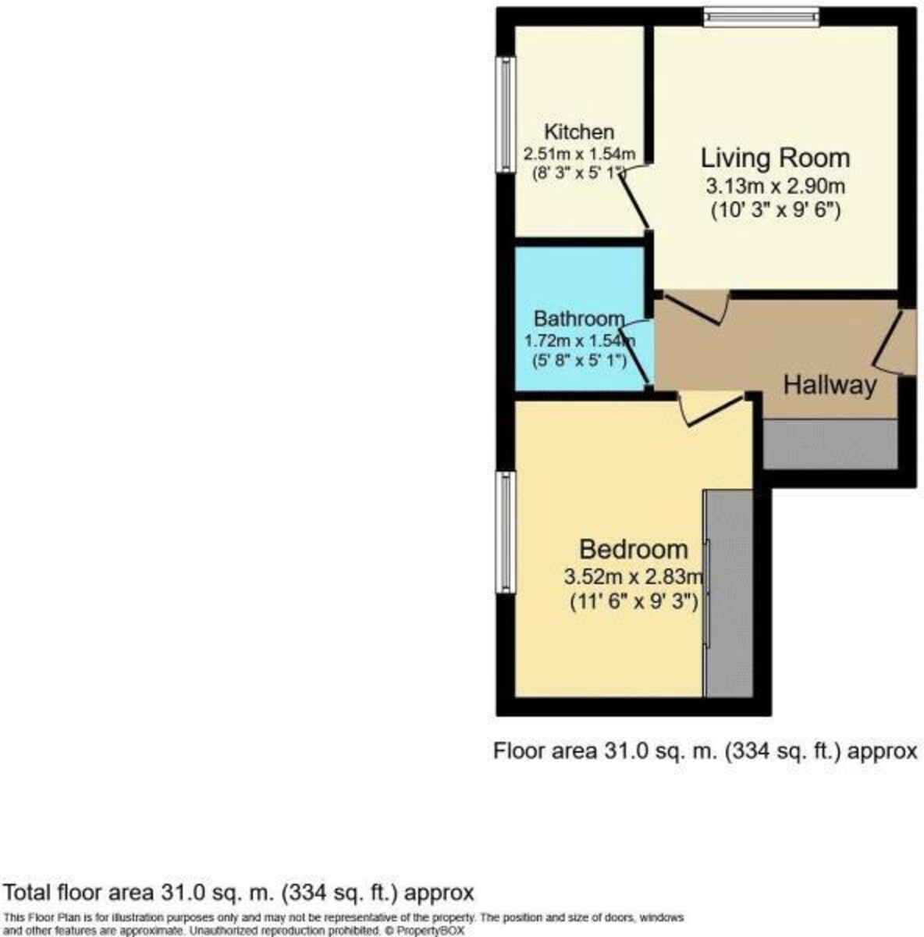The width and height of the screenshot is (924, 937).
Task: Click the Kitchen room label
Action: pyautogui.click(x=578, y=132)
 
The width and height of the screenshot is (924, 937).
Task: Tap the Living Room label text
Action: pyautogui.click(x=774, y=158)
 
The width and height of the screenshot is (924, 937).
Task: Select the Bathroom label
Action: pyautogui.click(x=578, y=319)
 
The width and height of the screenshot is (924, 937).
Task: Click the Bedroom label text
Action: pyautogui.click(x=633, y=549)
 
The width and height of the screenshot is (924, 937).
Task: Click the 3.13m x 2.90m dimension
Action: pyautogui.click(x=775, y=187)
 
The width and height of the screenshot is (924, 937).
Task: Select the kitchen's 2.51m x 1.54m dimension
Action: pyautogui.click(x=579, y=154)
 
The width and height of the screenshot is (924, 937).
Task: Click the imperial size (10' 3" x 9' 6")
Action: pyautogui.click(x=775, y=209)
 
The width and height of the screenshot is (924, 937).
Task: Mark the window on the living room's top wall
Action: pyautogui.click(x=761, y=16)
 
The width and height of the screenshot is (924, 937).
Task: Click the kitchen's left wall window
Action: pyautogui.click(x=506, y=114)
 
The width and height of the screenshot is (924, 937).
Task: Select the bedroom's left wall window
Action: pyautogui.click(x=506, y=532)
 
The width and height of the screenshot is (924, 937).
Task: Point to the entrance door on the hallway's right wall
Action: pyautogui.click(x=890, y=340)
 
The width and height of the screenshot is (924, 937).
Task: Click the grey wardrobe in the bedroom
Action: pyautogui.click(x=728, y=593)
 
